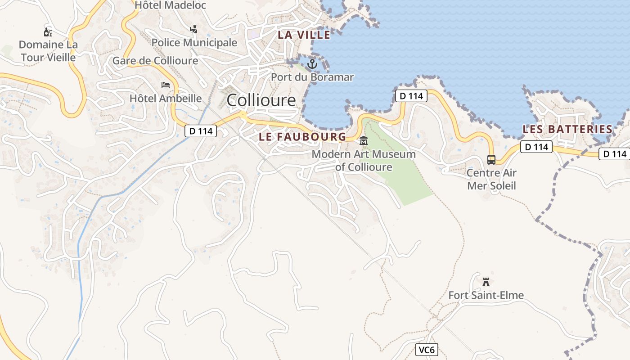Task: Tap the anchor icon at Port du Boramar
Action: tap(312, 64)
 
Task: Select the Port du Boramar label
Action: tap(312, 77)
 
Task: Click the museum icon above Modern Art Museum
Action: tap(364, 141)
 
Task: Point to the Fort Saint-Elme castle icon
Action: tap(486, 282)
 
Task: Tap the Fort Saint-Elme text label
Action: tap(486, 295)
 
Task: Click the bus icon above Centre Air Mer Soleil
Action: tap(491, 159)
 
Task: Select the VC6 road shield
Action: tap(426, 350)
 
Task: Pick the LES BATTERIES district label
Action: tap(567, 129)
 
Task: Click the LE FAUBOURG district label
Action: tap(302, 137)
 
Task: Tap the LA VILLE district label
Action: tap(304, 35)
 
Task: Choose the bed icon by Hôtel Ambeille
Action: tap(166, 85)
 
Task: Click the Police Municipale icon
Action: tap(194, 29)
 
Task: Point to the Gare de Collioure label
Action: tap(155, 60)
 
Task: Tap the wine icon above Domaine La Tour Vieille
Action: tap(48, 32)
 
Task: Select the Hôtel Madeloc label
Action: tap(171, 5)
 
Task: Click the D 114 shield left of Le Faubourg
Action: tap(201, 131)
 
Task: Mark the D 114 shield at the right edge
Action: tap(614, 154)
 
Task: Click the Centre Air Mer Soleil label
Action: tap(491, 179)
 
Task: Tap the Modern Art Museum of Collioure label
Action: tap(364, 161)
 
